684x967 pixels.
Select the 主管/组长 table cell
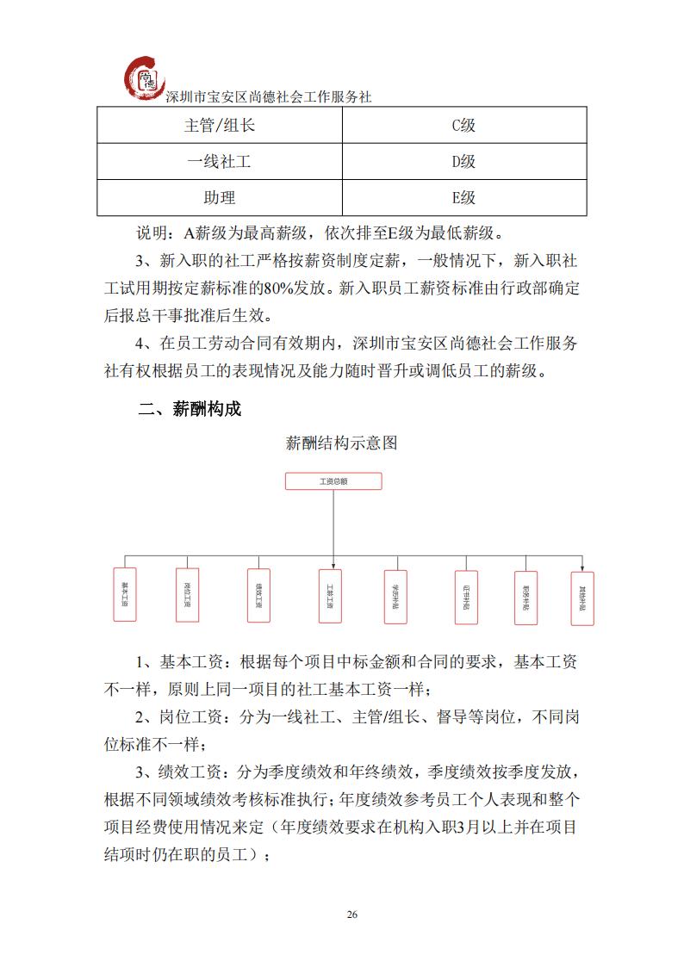220,125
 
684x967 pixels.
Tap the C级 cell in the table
464,125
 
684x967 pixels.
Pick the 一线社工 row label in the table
220,161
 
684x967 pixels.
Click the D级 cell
464,161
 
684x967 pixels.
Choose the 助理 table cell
220,197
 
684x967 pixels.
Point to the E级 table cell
464,197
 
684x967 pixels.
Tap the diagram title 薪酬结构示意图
341,444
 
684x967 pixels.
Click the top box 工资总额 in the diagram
333,481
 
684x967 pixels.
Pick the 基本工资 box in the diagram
125,594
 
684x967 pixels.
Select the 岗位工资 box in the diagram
187,594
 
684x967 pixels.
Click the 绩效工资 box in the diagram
258,594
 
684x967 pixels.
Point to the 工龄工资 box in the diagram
329,594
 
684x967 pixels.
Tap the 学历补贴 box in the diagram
395,596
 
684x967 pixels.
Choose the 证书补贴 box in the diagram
465,596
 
